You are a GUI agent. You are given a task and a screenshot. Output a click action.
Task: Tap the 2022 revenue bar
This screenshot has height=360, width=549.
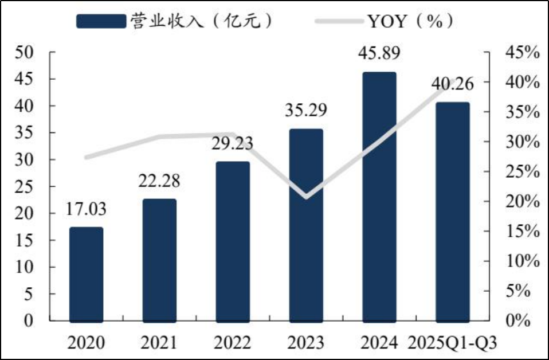(233, 241)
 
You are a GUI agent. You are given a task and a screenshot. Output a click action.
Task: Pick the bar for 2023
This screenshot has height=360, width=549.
(306, 225)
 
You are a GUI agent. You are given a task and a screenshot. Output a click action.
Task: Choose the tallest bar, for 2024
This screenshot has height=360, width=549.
(379, 196)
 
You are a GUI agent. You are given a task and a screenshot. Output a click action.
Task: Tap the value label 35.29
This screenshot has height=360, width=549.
(306, 110)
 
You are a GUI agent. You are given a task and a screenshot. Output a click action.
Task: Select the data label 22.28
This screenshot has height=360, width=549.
(159, 181)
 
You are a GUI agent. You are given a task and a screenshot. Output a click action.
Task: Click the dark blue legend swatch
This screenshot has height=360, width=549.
(101, 21)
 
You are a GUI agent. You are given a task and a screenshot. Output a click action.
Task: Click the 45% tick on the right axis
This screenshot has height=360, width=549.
(521, 53)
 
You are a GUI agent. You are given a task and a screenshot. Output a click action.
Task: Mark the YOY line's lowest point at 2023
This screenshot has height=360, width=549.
(306, 197)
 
